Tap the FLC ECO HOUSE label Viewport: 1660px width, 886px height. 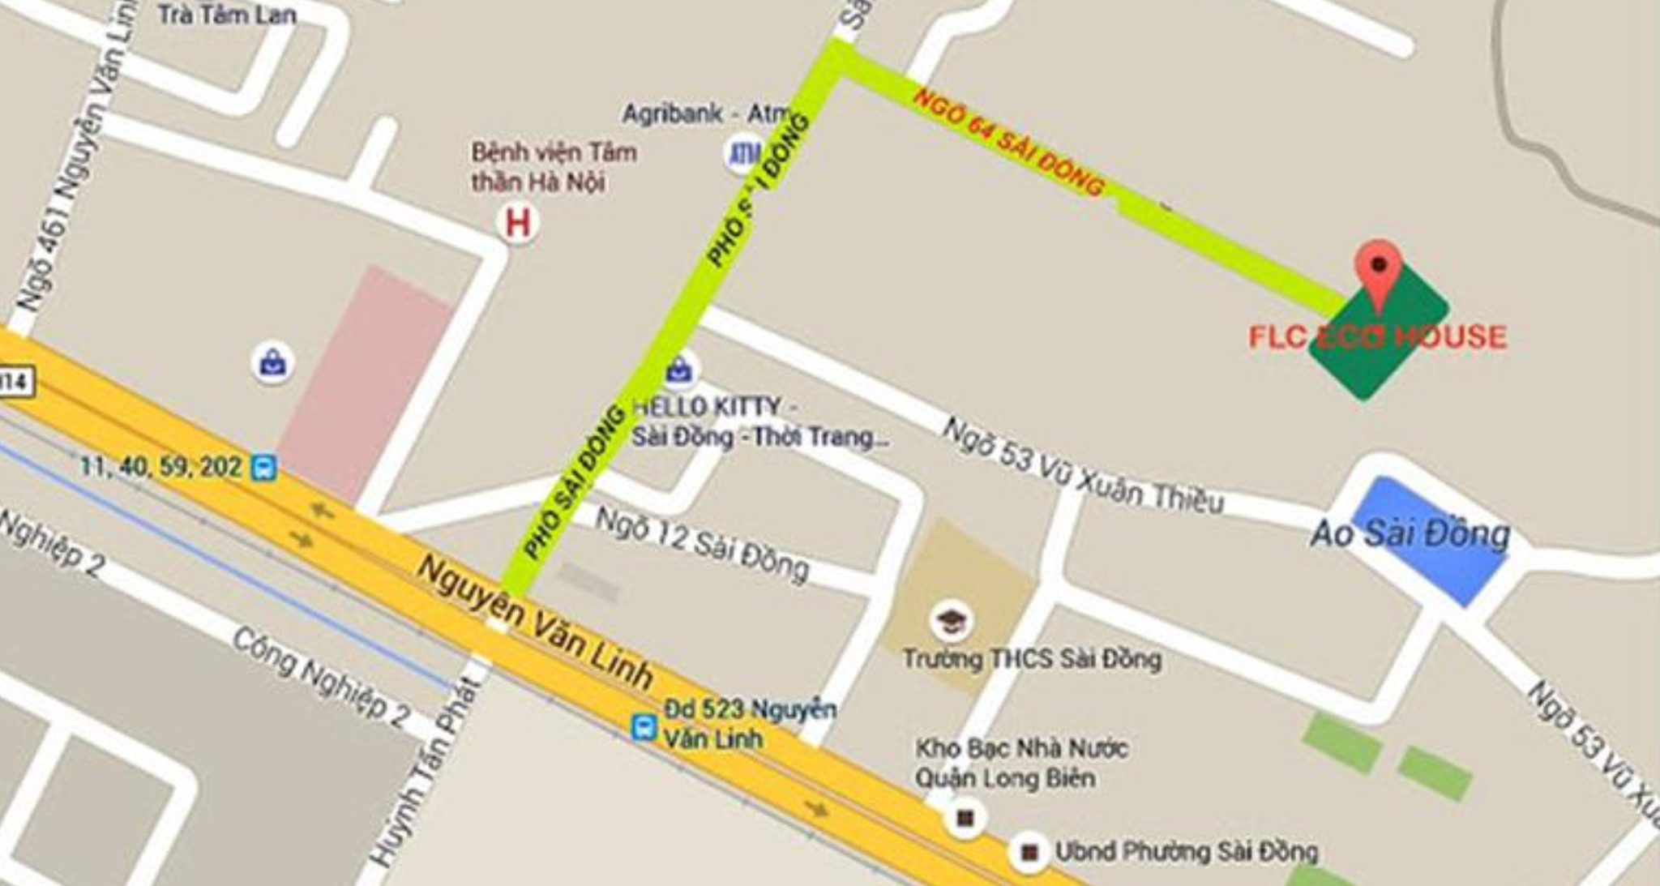point(1377,336)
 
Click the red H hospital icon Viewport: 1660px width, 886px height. point(518,222)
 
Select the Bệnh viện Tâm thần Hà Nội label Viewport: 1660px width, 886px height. point(554,167)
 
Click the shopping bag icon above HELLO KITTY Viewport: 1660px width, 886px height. point(679,370)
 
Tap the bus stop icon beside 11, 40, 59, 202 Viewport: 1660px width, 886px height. point(263,468)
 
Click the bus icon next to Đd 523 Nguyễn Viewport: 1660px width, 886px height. point(644,725)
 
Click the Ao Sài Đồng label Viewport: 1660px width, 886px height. point(1410,533)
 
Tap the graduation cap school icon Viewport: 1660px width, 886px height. point(950,620)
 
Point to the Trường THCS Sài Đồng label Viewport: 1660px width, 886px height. point(1032,658)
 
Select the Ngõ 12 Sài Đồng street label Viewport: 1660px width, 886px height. point(702,543)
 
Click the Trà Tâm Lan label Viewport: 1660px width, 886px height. point(227,14)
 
